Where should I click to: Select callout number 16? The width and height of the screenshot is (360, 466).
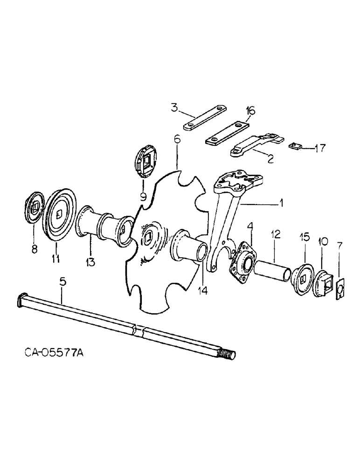tap(250, 110)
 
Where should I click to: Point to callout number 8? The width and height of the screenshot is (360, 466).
tap(35, 249)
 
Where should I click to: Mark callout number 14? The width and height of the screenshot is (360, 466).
tap(202, 290)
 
